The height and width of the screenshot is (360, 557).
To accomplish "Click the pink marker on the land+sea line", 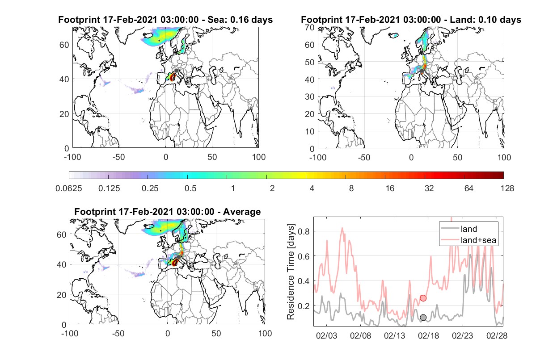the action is pos(423,298).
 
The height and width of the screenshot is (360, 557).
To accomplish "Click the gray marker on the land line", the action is pos(423,317).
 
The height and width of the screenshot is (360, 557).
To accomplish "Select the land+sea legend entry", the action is pos(468,240).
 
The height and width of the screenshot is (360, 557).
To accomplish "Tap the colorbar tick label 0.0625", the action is pos(69,188).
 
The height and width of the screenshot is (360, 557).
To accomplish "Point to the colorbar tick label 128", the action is pos(507,188).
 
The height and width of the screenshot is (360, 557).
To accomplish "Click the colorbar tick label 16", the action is pos(390,188).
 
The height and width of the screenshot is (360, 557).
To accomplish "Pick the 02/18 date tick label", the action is pos(428,335).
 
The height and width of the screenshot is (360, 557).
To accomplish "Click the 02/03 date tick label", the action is pos(326,335).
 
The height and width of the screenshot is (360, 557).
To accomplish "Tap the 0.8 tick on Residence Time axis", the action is pos(304,231).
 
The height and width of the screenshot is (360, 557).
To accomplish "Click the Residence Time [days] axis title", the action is pos(291,272).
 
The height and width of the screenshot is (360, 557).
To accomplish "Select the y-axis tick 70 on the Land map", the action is pos(310,27).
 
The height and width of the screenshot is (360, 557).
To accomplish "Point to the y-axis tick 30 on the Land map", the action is pos(310,96).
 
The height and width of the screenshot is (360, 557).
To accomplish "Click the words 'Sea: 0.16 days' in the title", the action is pos(240,20).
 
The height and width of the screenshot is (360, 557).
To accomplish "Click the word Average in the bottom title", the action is pos(242,212).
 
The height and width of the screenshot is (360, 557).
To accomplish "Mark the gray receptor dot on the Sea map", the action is pos(176,71).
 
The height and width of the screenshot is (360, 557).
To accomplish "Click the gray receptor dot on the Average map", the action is pos(178,257).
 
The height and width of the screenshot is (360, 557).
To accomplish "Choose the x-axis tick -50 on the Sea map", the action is pos(119,157).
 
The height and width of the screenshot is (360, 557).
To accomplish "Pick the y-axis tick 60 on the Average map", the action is pos(61,234).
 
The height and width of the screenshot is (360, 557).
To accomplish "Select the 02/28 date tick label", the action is pos(497,335).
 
